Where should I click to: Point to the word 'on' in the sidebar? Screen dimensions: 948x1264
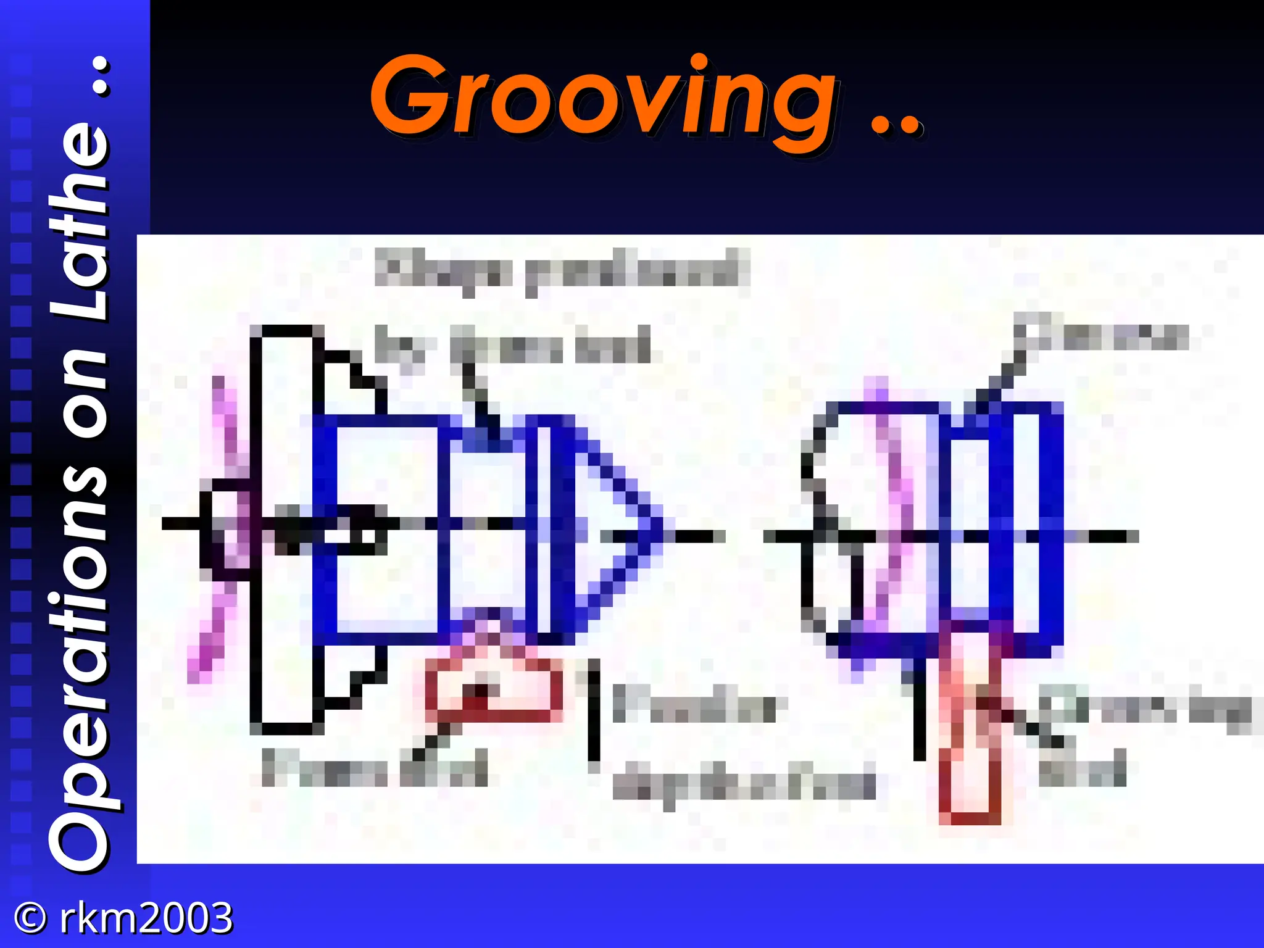(80, 398)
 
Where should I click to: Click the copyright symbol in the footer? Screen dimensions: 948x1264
(30, 918)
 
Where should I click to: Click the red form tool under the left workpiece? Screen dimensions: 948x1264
(494, 689)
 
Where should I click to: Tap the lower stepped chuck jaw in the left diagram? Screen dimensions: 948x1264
(349, 676)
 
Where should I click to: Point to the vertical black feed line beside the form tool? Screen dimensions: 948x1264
(594, 710)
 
